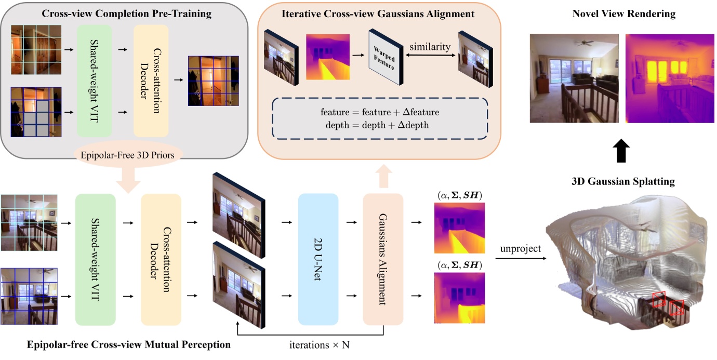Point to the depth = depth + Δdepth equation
pos(373,126)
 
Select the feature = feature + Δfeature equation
pos(373,113)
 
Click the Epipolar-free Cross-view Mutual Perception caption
pos(115,344)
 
